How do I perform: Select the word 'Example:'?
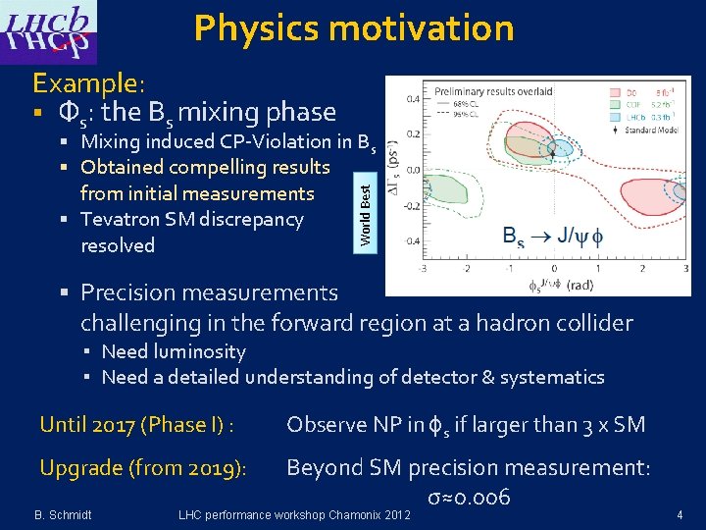point(89,82)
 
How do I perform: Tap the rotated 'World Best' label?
point(365,209)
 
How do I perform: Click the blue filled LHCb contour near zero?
point(561,148)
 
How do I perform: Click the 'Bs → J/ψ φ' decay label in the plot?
point(554,237)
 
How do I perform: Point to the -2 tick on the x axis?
point(467,268)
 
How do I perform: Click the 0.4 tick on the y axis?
point(414,98)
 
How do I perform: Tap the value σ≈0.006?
point(469,497)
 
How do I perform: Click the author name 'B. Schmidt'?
point(64,514)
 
